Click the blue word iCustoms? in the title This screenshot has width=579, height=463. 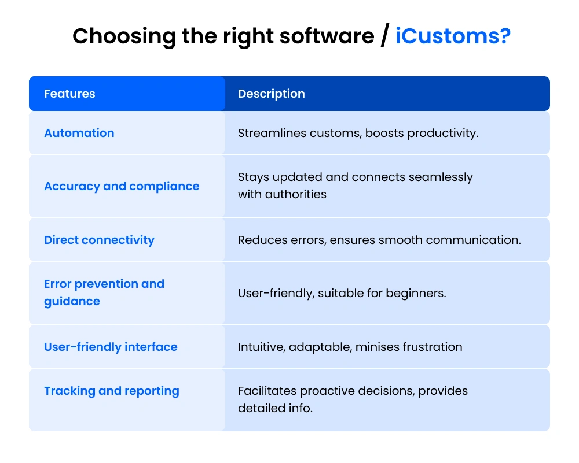pyautogui.click(x=453, y=36)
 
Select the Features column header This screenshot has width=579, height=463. pyautogui.click(x=69, y=94)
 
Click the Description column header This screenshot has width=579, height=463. pyautogui.click(x=271, y=94)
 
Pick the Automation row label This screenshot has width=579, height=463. pyautogui.click(x=79, y=133)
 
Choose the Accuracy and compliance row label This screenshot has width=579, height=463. pyautogui.click(x=122, y=186)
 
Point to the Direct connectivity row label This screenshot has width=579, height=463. pyautogui.click(x=99, y=240)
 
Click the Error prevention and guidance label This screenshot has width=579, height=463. pyautogui.click(x=104, y=292)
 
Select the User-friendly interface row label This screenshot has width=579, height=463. pyautogui.click(x=111, y=347)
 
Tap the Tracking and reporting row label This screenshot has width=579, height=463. pyautogui.click(x=112, y=391)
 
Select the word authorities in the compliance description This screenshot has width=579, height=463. pyautogui.click(x=296, y=194)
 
